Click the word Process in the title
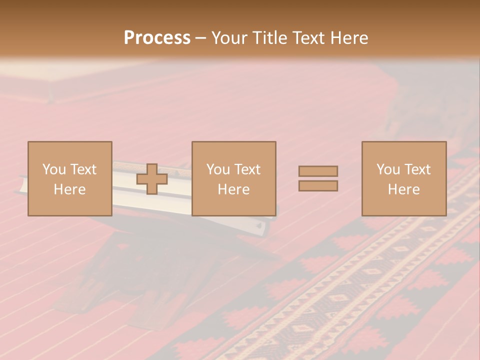[x=157, y=38]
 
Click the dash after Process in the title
[x=201, y=39]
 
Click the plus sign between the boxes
[x=152, y=179]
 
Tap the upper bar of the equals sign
[x=318, y=171]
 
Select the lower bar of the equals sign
[x=318, y=186]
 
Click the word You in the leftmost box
[x=53, y=169]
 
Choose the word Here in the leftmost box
[x=69, y=189]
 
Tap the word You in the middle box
[x=217, y=169]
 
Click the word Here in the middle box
[x=233, y=189]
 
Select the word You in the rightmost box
[x=387, y=169]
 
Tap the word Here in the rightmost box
[x=403, y=189]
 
